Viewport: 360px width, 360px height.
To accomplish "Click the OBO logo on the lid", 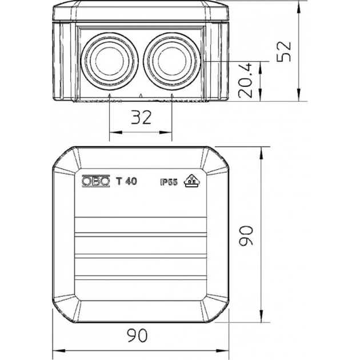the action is point(96,181).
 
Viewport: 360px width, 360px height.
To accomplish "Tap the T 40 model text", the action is point(126,181).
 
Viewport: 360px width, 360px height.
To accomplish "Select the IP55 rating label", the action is point(169,182).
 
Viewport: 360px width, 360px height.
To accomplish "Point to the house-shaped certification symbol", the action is point(191,181).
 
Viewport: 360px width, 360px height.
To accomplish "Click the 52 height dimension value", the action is point(284,51).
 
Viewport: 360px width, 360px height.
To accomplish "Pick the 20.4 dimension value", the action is point(245,81).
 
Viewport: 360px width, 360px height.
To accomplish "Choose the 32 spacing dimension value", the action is point(141,117).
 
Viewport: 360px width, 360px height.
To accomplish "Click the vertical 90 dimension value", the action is point(246,235).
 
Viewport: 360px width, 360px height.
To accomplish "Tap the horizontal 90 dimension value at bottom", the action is point(137,335).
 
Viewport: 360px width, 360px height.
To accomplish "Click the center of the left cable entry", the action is point(110,61).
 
